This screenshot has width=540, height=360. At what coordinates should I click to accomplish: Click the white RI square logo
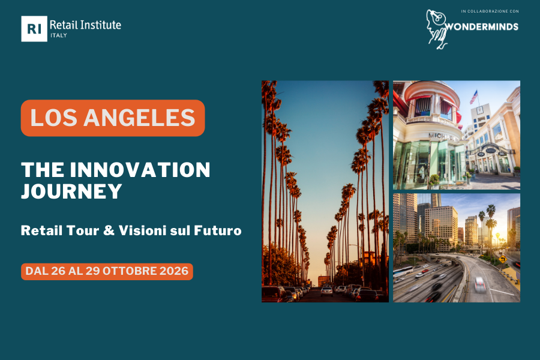tap(34, 29)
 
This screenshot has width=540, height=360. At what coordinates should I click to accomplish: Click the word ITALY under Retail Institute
tap(59, 35)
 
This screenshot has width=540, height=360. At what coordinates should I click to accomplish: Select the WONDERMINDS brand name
tap(482, 27)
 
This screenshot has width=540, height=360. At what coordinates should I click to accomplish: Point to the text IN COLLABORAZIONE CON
tap(490, 11)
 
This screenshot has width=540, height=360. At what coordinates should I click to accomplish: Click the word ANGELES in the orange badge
tap(139, 118)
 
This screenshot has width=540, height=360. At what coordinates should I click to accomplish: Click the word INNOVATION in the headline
tap(140, 170)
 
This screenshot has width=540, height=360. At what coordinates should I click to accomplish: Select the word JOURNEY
tap(71, 191)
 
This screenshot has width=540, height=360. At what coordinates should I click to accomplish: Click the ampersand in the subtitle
tap(109, 230)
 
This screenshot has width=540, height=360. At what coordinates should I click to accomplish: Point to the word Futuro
tap(218, 230)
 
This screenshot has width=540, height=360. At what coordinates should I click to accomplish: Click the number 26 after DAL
tap(58, 271)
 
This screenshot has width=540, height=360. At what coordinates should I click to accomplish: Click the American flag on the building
tap(474, 97)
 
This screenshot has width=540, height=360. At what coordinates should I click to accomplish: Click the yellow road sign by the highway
tap(503, 259)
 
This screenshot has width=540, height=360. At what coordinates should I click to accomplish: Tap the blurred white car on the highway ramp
tap(479, 284)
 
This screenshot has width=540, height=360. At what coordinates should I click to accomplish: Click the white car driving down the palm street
tap(326, 292)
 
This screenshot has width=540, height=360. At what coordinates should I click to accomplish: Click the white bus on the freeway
tap(403, 271)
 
